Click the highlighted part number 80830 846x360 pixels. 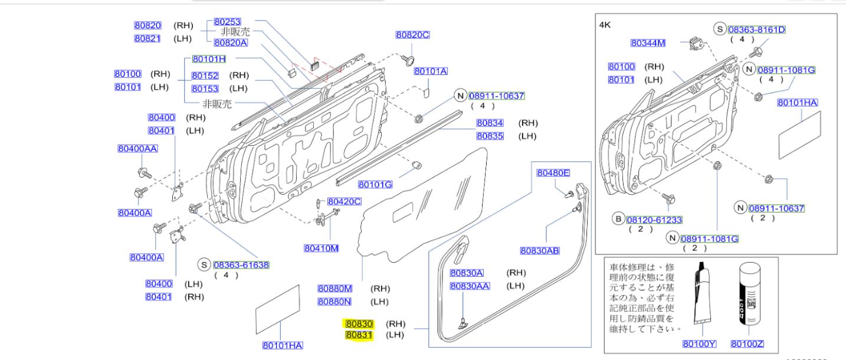click(x=359, y=324)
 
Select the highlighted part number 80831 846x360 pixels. click(x=359, y=335)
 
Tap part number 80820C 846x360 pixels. click(x=412, y=35)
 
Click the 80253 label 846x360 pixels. click(x=227, y=21)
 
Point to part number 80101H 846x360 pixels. click(x=209, y=59)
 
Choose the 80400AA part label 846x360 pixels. click(x=137, y=149)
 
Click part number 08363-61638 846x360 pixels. click(x=241, y=265)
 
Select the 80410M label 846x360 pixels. click(x=321, y=248)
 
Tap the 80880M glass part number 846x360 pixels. click(x=335, y=289)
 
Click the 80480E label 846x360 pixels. click(x=553, y=173)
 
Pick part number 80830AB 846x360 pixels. click(x=539, y=250)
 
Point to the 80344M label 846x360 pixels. click(x=648, y=42)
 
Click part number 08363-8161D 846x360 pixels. click(x=756, y=29)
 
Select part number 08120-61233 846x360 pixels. click(x=654, y=220)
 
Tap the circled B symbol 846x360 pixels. click(x=618, y=220)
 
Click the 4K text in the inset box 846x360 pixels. click(x=605, y=25)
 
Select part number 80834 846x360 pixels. click(x=490, y=123)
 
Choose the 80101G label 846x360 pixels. click(x=375, y=185)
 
